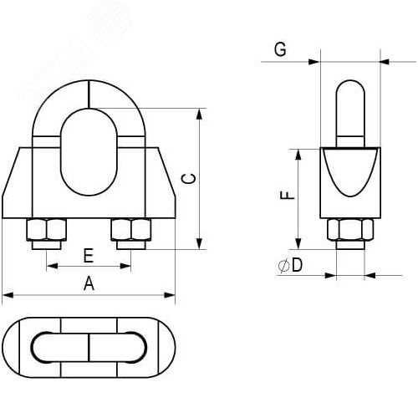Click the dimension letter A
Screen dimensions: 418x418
89,283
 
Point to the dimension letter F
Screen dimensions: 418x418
286,196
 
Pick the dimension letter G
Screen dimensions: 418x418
281,51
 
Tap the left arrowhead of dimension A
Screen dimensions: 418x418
7,294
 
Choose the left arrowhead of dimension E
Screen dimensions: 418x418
50,267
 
